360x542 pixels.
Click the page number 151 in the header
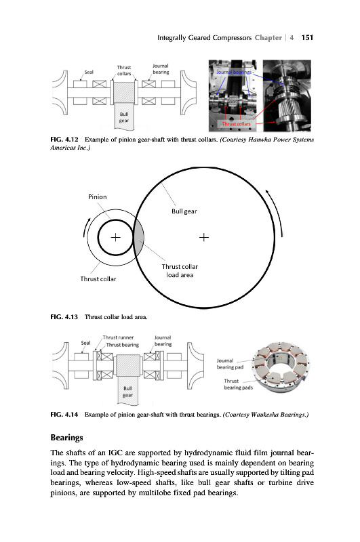click(x=307, y=38)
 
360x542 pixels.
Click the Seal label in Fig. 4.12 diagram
click(x=89, y=72)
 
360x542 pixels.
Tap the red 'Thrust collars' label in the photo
click(x=236, y=123)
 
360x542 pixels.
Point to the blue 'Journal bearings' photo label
click(x=234, y=72)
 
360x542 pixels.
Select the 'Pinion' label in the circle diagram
click(x=98, y=196)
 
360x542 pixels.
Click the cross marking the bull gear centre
click(x=204, y=238)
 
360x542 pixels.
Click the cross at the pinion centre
click(x=115, y=238)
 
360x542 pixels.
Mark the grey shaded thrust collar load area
click(x=138, y=238)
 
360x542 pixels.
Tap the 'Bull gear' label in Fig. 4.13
click(x=184, y=211)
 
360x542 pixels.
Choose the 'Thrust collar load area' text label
click(x=180, y=270)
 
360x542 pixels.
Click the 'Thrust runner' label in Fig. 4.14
click(x=118, y=337)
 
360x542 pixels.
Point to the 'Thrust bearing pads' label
click(x=238, y=384)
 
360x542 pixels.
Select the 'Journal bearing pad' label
click(x=230, y=364)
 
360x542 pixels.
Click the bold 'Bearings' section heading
click(x=66, y=438)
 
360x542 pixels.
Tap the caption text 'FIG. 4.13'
click(x=64, y=316)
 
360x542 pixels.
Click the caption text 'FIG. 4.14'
click(x=64, y=414)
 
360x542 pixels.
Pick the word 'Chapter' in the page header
click(x=268, y=38)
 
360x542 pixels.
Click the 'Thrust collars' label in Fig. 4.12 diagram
click(x=124, y=70)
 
